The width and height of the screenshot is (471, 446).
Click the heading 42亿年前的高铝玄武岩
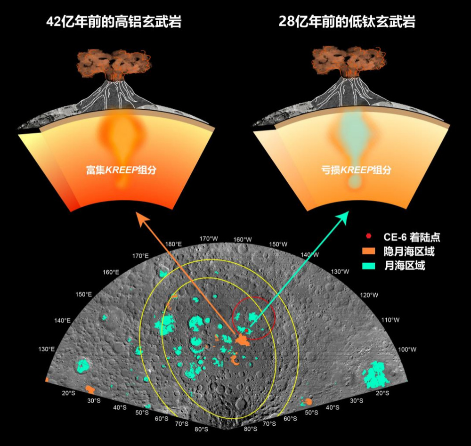[114, 22]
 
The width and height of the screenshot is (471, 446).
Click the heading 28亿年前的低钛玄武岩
[347, 22]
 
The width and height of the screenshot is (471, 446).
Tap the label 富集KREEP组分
[121, 170]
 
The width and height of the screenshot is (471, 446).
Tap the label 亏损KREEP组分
[356, 170]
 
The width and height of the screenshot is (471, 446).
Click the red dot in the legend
[369, 236]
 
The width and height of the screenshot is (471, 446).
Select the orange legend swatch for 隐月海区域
[369, 251]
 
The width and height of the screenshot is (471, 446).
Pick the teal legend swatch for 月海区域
[369, 266]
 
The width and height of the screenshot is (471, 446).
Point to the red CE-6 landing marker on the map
[247, 330]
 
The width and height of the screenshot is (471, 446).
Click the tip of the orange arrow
[137, 212]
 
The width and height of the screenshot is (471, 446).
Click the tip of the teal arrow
[349, 211]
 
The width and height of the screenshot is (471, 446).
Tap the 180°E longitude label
[173, 244]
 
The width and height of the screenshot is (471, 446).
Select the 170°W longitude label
[209, 239]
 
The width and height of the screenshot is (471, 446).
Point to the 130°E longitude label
[47, 349]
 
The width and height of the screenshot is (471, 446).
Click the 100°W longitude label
[407, 349]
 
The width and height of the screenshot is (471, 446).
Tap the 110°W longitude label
[390, 320]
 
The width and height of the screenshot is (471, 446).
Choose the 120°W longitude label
[369, 295]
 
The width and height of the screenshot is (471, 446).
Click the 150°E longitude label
[83, 294]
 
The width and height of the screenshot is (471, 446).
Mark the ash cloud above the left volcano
[114, 63]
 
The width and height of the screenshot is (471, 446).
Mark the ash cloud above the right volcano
[349, 62]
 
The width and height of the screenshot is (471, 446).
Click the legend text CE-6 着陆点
[412, 237]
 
